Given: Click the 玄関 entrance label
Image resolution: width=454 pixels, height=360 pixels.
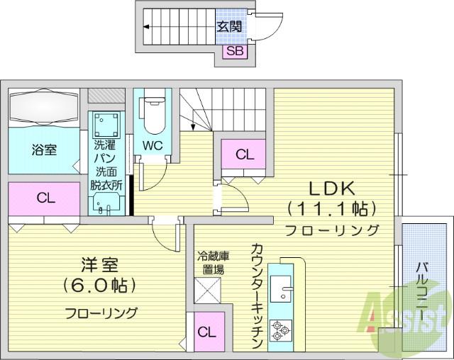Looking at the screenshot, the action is [x=228, y=27].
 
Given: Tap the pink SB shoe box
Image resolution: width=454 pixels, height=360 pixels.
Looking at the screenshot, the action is [x=235, y=52].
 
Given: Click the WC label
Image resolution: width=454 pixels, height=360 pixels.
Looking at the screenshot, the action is [x=153, y=145].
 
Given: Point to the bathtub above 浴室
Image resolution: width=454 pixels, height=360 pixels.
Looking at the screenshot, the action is [x=44, y=107].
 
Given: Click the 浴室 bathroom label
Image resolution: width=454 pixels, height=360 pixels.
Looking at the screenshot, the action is [x=44, y=150].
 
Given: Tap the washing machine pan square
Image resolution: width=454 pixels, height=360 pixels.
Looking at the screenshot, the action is [x=107, y=125].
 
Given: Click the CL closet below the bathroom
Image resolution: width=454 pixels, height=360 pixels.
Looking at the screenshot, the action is [x=44, y=198].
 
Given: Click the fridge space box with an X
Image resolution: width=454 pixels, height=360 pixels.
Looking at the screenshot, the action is [x=207, y=291].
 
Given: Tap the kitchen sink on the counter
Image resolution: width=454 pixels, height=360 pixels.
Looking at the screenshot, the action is [x=281, y=288].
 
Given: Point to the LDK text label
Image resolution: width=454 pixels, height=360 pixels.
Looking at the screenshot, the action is [x=332, y=189].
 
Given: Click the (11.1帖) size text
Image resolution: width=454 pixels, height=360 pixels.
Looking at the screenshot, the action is [x=332, y=209].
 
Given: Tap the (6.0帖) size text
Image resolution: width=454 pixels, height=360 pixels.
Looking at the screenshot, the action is [x=99, y=285].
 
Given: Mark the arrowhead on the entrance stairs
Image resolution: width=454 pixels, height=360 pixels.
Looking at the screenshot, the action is [x=146, y=27].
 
